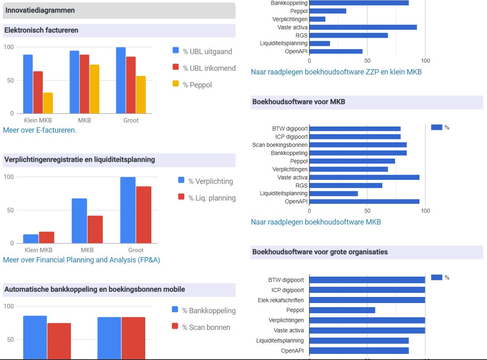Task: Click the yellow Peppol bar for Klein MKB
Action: (x=48, y=103)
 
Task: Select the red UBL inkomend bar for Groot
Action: (x=131, y=85)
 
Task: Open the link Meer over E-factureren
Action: (x=39, y=130)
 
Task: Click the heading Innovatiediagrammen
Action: (x=40, y=10)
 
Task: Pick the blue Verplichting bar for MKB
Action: (x=79, y=221)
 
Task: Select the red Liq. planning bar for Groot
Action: (x=144, y=215)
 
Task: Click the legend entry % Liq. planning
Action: (x=207, y=198)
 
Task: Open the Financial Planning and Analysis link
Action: (x=81, y=260)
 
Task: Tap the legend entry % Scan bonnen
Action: (x=201, y=327)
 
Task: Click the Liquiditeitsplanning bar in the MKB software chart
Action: (x=334, y=194)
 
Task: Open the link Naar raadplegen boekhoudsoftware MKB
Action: (x=316, y=222)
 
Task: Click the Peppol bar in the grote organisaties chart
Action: (x=342, y=310)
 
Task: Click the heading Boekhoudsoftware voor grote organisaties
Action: (x=320, y=252)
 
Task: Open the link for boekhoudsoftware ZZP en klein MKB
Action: (x=336, y=72)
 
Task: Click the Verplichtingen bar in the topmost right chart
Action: (x=317, y=19)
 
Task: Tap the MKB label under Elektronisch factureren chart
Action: (x=84, y=120)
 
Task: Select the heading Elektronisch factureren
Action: (x=41, y=30)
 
